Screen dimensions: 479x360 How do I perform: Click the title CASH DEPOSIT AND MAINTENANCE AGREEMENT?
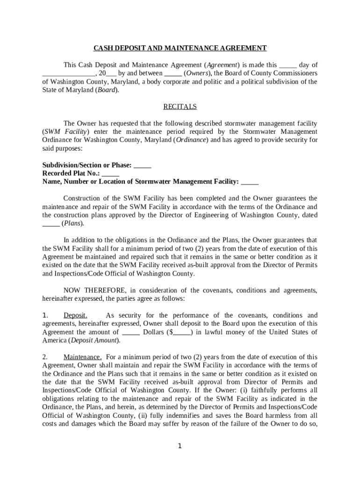pyautogui.click(x=180, y=48)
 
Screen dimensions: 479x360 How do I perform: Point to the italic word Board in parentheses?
pyautogui.click(x=107, y=90)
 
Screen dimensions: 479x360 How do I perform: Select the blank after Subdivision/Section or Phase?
pyautogui.click(x=142, y=166)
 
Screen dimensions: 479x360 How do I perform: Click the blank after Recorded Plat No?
pyautogui.click(x=110, y=174)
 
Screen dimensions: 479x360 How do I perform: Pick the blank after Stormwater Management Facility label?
pyautogui.click(x=250, y=182)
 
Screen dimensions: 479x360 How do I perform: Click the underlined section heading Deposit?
pyautogui.click(x=75, y=315)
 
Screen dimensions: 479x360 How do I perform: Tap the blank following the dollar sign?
pyautogui.click(x=182, y=333)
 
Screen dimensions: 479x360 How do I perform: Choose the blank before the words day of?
pyautogui.click(x=288, y=65)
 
